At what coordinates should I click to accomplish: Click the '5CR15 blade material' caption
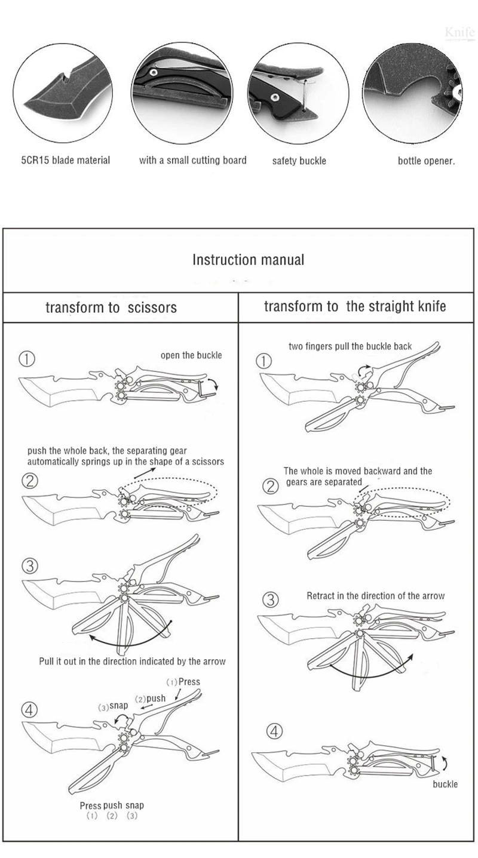coord(66,160)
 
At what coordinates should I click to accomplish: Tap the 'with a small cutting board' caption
coord(192,160)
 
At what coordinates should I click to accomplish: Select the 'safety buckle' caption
coord(299,161)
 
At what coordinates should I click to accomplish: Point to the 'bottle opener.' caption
coord(426,161)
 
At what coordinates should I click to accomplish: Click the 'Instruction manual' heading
coord(248,260)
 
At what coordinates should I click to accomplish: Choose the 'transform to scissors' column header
coord(111,307)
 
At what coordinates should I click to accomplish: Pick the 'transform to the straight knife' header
coord(355,306)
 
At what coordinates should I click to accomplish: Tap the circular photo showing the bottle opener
coord(414,93)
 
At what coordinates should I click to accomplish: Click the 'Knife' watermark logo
coord(459,32)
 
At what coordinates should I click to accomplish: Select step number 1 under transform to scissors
coord(27,359)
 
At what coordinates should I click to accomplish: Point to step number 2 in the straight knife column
coord(271,486)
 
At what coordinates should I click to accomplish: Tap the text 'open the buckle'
coord(191,355)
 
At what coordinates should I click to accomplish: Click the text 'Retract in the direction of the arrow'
coord(375,596)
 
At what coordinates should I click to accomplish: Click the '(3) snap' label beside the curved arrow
coord(113,706)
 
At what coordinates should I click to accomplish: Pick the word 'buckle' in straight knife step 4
coord(445,784)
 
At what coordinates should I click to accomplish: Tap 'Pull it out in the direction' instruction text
coord(132,661)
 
